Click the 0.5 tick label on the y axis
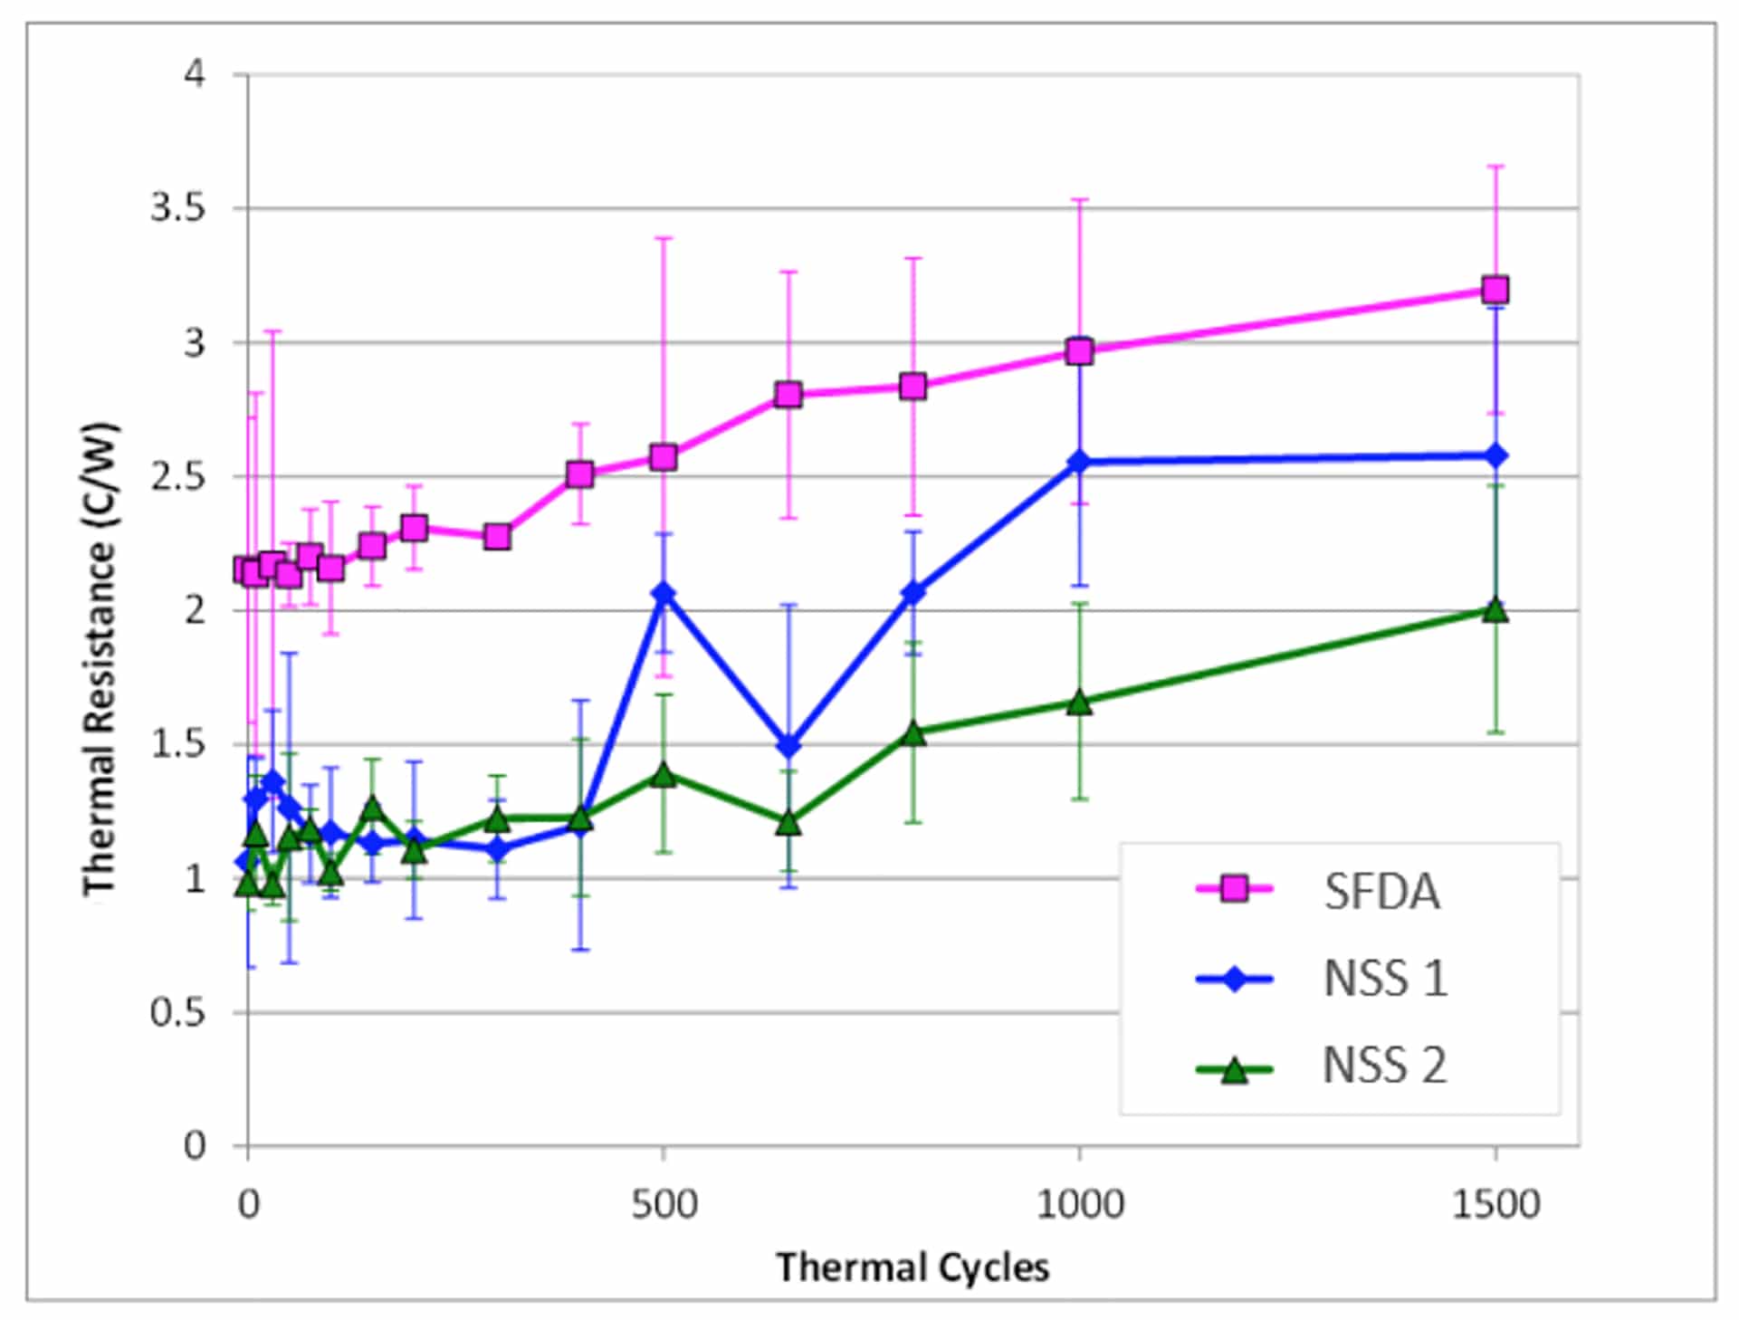tap(178, 1012)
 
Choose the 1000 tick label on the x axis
tap(1079, 1205)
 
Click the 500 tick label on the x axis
tap(664, 1205)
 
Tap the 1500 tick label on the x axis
tap(1495, 1205)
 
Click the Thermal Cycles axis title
tap(912, 1267)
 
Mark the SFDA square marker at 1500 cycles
tap(1495, 290)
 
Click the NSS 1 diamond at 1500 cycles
tap(1495, 455)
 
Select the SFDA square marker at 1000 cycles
tap(1079, 350)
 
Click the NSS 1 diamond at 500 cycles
tap(664, 594)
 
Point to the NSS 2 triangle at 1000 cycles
tap(1079, 703)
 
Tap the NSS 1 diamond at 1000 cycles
tap(1079, 462)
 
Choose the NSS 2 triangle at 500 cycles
tap(664, 775)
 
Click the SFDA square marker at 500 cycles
tap(664, 457)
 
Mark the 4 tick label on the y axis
tap(194, 74)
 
